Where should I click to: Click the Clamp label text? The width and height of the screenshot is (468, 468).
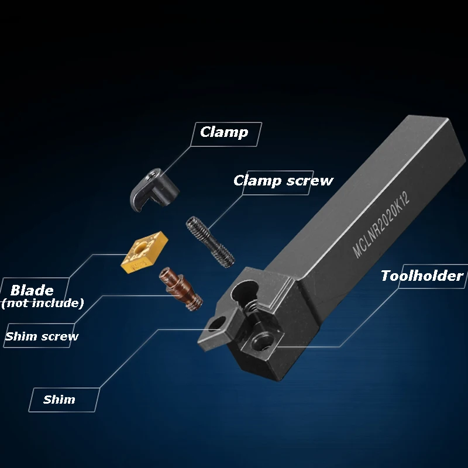223,132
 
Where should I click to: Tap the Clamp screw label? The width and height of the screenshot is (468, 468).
283,180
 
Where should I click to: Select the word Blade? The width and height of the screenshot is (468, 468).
32,290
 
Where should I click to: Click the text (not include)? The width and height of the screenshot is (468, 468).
42,303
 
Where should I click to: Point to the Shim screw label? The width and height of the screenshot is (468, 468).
42,336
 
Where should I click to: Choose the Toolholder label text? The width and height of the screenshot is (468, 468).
422,276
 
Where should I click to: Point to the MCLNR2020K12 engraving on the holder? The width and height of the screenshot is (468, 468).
381,224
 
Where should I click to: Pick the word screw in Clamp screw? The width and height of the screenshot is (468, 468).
309,180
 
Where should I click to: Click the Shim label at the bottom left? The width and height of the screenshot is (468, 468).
59,400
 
